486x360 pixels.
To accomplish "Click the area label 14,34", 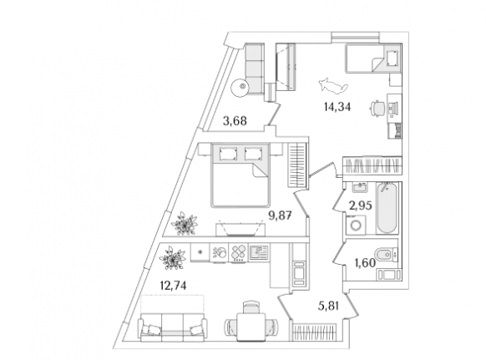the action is [x=337, y=107].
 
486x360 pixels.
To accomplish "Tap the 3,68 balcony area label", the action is [x=235, y=121].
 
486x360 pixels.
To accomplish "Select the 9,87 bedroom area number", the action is [x=280, y=215].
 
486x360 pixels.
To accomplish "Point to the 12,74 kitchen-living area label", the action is [x=173, y=286].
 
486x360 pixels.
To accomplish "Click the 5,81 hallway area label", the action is [x=328, y=307].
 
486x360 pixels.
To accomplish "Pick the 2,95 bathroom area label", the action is [x=360, y=205].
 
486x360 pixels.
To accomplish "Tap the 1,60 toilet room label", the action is [x=365, y=262].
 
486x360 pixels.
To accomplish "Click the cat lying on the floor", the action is [x=333, y=84].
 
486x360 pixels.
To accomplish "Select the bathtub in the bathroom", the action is [x=386, y=207].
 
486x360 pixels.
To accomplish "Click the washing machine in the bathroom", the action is [x=355, y=225].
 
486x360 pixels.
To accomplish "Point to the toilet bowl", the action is [x=386, y=255].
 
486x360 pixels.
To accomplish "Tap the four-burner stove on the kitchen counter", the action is [x=238, y=253].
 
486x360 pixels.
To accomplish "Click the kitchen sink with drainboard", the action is [x=260, y=251].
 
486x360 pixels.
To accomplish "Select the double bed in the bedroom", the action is [x=240, y=175].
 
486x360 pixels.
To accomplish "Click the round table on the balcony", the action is [x=240, y=87].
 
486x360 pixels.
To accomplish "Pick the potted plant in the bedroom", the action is [x=184, y=223].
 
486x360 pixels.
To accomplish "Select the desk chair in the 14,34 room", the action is [x=377, y=109].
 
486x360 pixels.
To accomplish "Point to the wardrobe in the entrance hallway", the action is [x=313, y=332].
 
